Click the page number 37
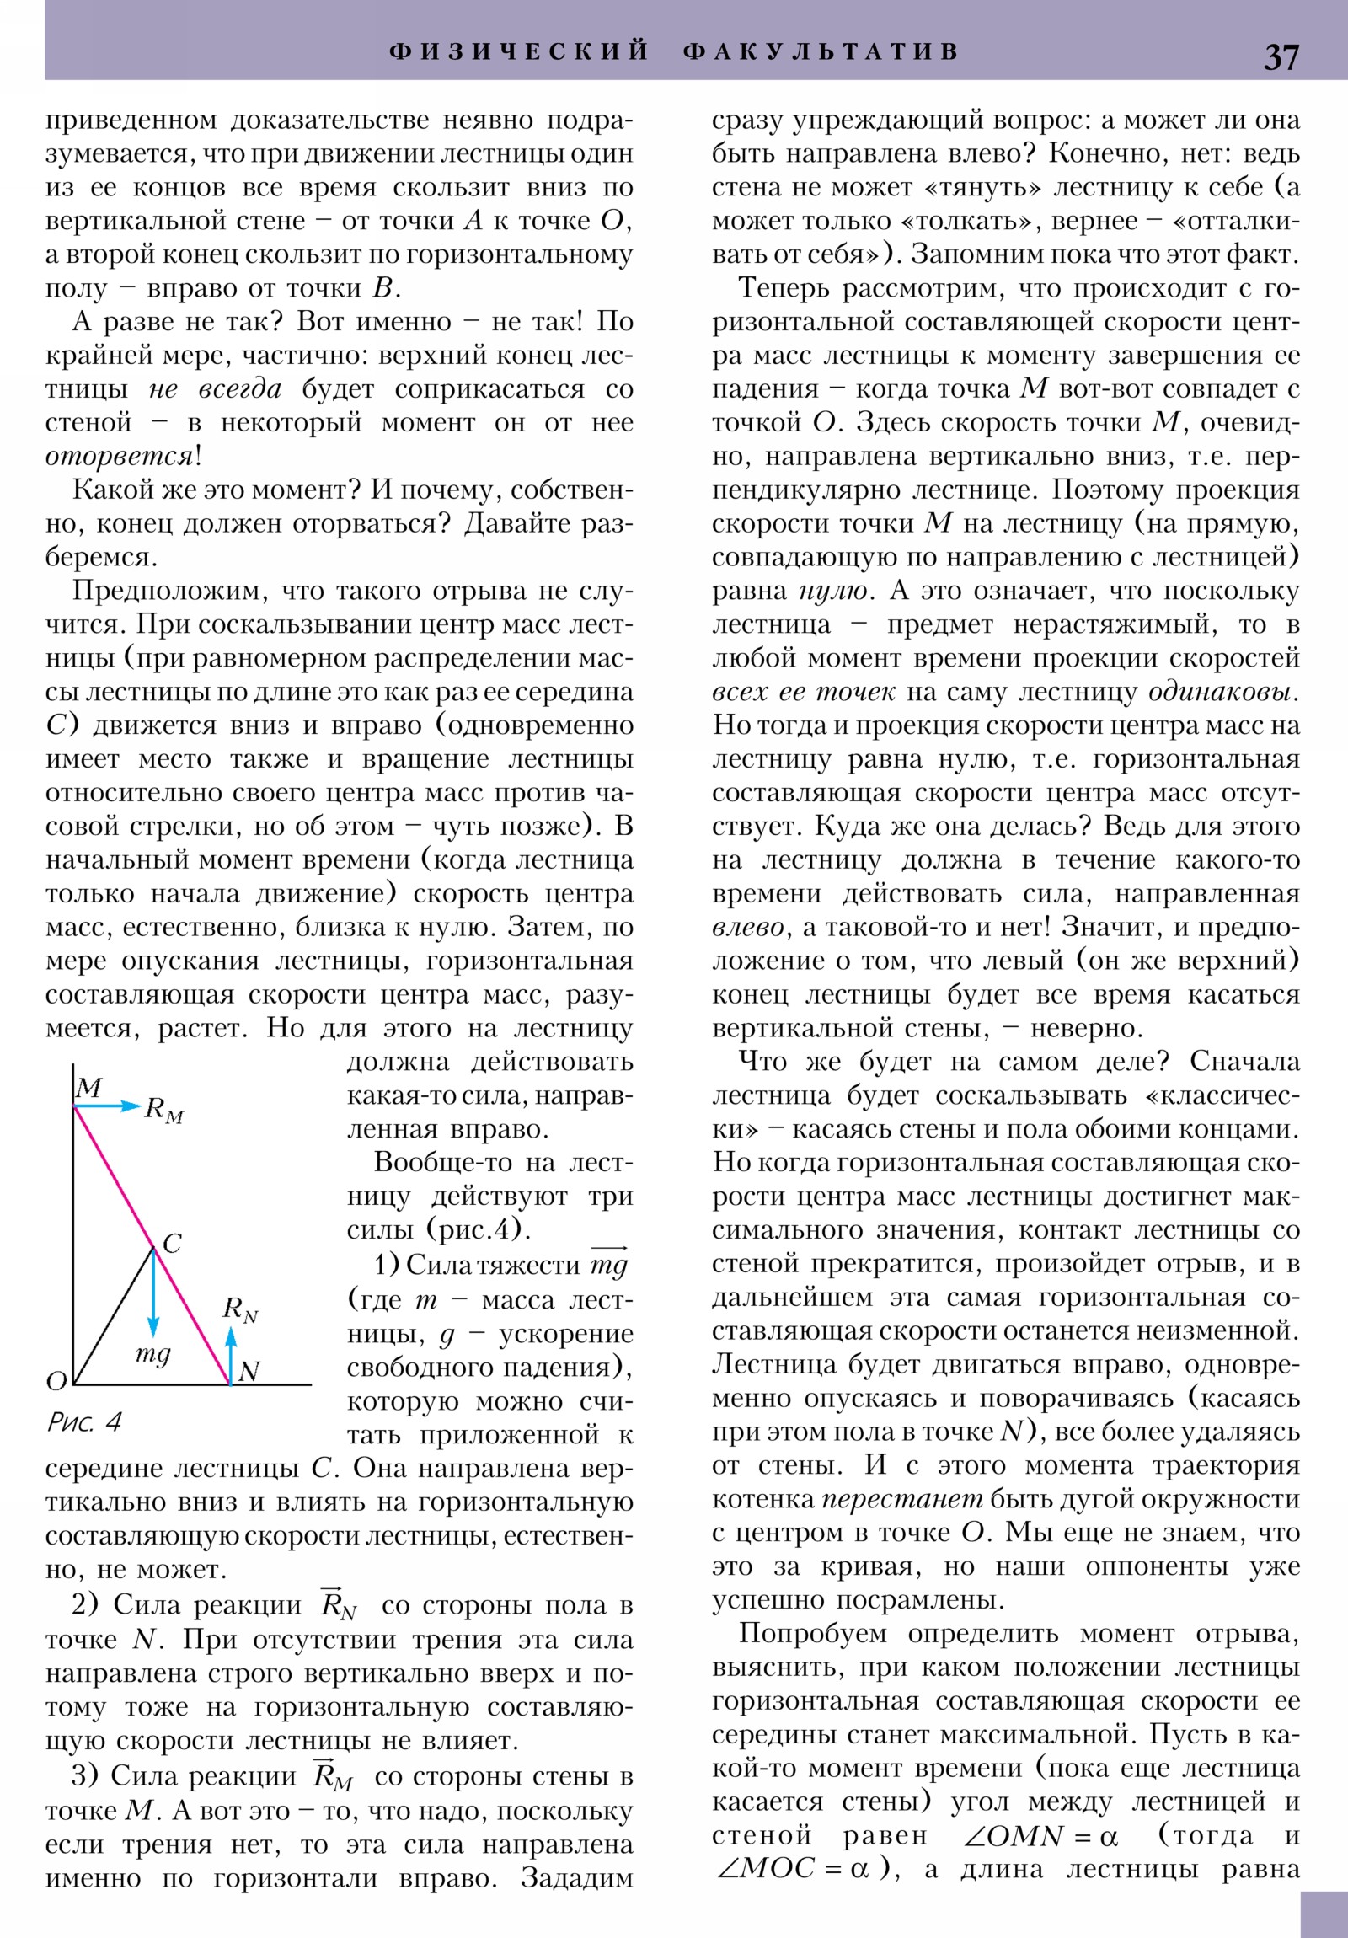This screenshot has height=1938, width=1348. point(1281,57)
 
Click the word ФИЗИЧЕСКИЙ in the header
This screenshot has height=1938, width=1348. point(519,51)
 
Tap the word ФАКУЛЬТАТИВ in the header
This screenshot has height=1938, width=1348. point(821,51)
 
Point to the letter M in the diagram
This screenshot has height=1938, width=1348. point(89,1088)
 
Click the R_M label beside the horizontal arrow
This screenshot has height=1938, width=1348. point(163,1110)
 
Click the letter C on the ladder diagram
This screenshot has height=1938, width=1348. point(171,1244)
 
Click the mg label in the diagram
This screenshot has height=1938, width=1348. point(152,1353)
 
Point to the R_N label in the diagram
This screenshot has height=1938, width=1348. point(240,1309)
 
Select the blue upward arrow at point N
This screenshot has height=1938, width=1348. point(231,1353)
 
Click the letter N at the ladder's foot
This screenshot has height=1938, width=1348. point(249,1372)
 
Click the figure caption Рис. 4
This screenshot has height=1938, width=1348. point(84,1422)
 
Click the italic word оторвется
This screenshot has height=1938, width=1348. point(120,457)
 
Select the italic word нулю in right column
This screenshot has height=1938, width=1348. point(833,591)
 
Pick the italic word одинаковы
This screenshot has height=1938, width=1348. point(1222,692)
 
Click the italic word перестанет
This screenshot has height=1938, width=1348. point(902,1499)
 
